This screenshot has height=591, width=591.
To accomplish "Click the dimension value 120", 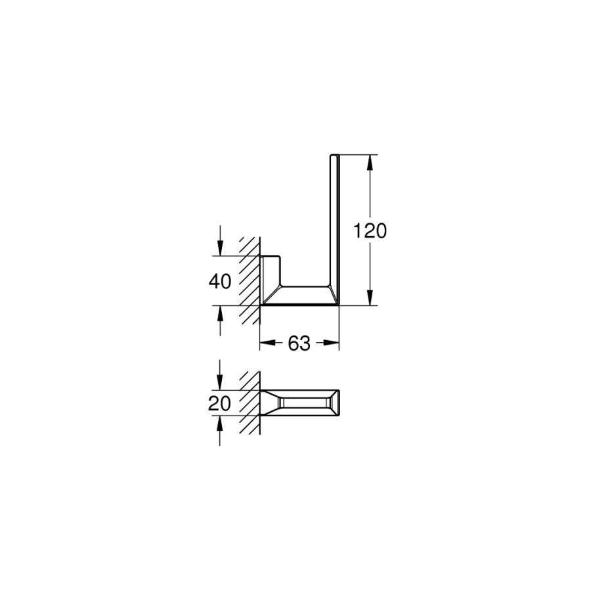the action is [x=370, y=230].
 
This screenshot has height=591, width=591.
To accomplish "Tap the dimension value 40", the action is [x=220, y=281].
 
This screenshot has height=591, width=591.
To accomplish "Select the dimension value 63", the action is [x=299, y=343].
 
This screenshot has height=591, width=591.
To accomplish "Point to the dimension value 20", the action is [x=219, y=404].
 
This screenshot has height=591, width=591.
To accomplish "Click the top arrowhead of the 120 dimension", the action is [x=370, y=162].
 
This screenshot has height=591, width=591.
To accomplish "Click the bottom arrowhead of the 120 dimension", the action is [x=370, y=297].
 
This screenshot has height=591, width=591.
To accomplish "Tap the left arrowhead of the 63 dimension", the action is [x=268, y=343].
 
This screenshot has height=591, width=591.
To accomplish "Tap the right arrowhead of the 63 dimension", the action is [x=332, y=343].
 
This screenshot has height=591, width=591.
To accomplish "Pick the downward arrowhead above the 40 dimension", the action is [x=220, y=248].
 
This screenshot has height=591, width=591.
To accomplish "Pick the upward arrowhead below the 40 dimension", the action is [x=220, y=313].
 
